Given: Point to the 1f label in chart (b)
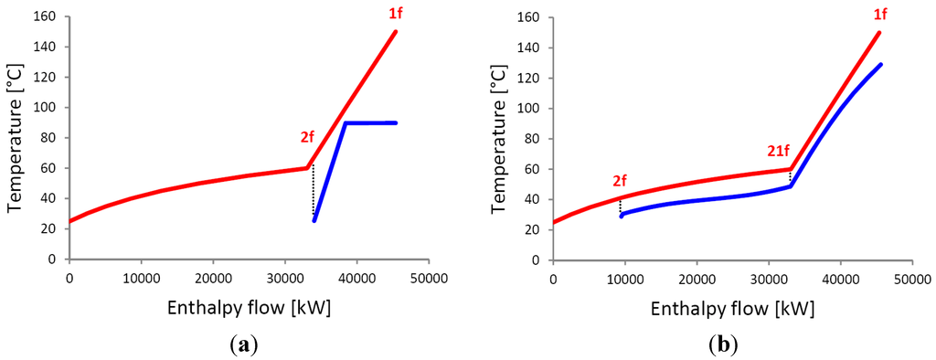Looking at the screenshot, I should pyautogui.click(x=879, y=14).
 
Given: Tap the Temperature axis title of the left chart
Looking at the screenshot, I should pyautogui.click(x=15, y=139).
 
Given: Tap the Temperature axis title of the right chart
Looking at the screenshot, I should pyautogui.click(x=498, y=139).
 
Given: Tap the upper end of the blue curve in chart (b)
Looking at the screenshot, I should pyautogui.click(x=879, y=65).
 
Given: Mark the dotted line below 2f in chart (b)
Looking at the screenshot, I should pyautogui.click(x=621, y=206).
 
